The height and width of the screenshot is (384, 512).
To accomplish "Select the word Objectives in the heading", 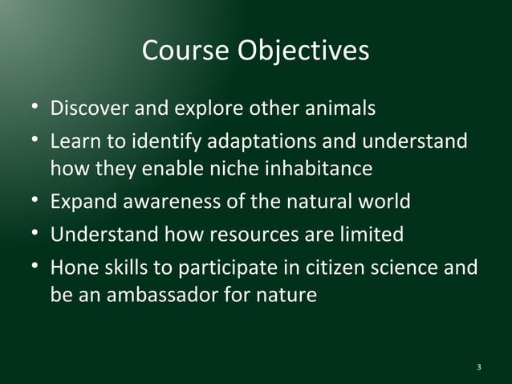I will pyautogui.click(x=303, y=51).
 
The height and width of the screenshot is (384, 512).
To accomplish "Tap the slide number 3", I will pyautogui.click(x=479, y=367).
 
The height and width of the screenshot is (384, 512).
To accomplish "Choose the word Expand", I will pyautogui.click(x=83, y=202).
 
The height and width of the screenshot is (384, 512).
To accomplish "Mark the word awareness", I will pyautogui.click(x=173, y=202).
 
